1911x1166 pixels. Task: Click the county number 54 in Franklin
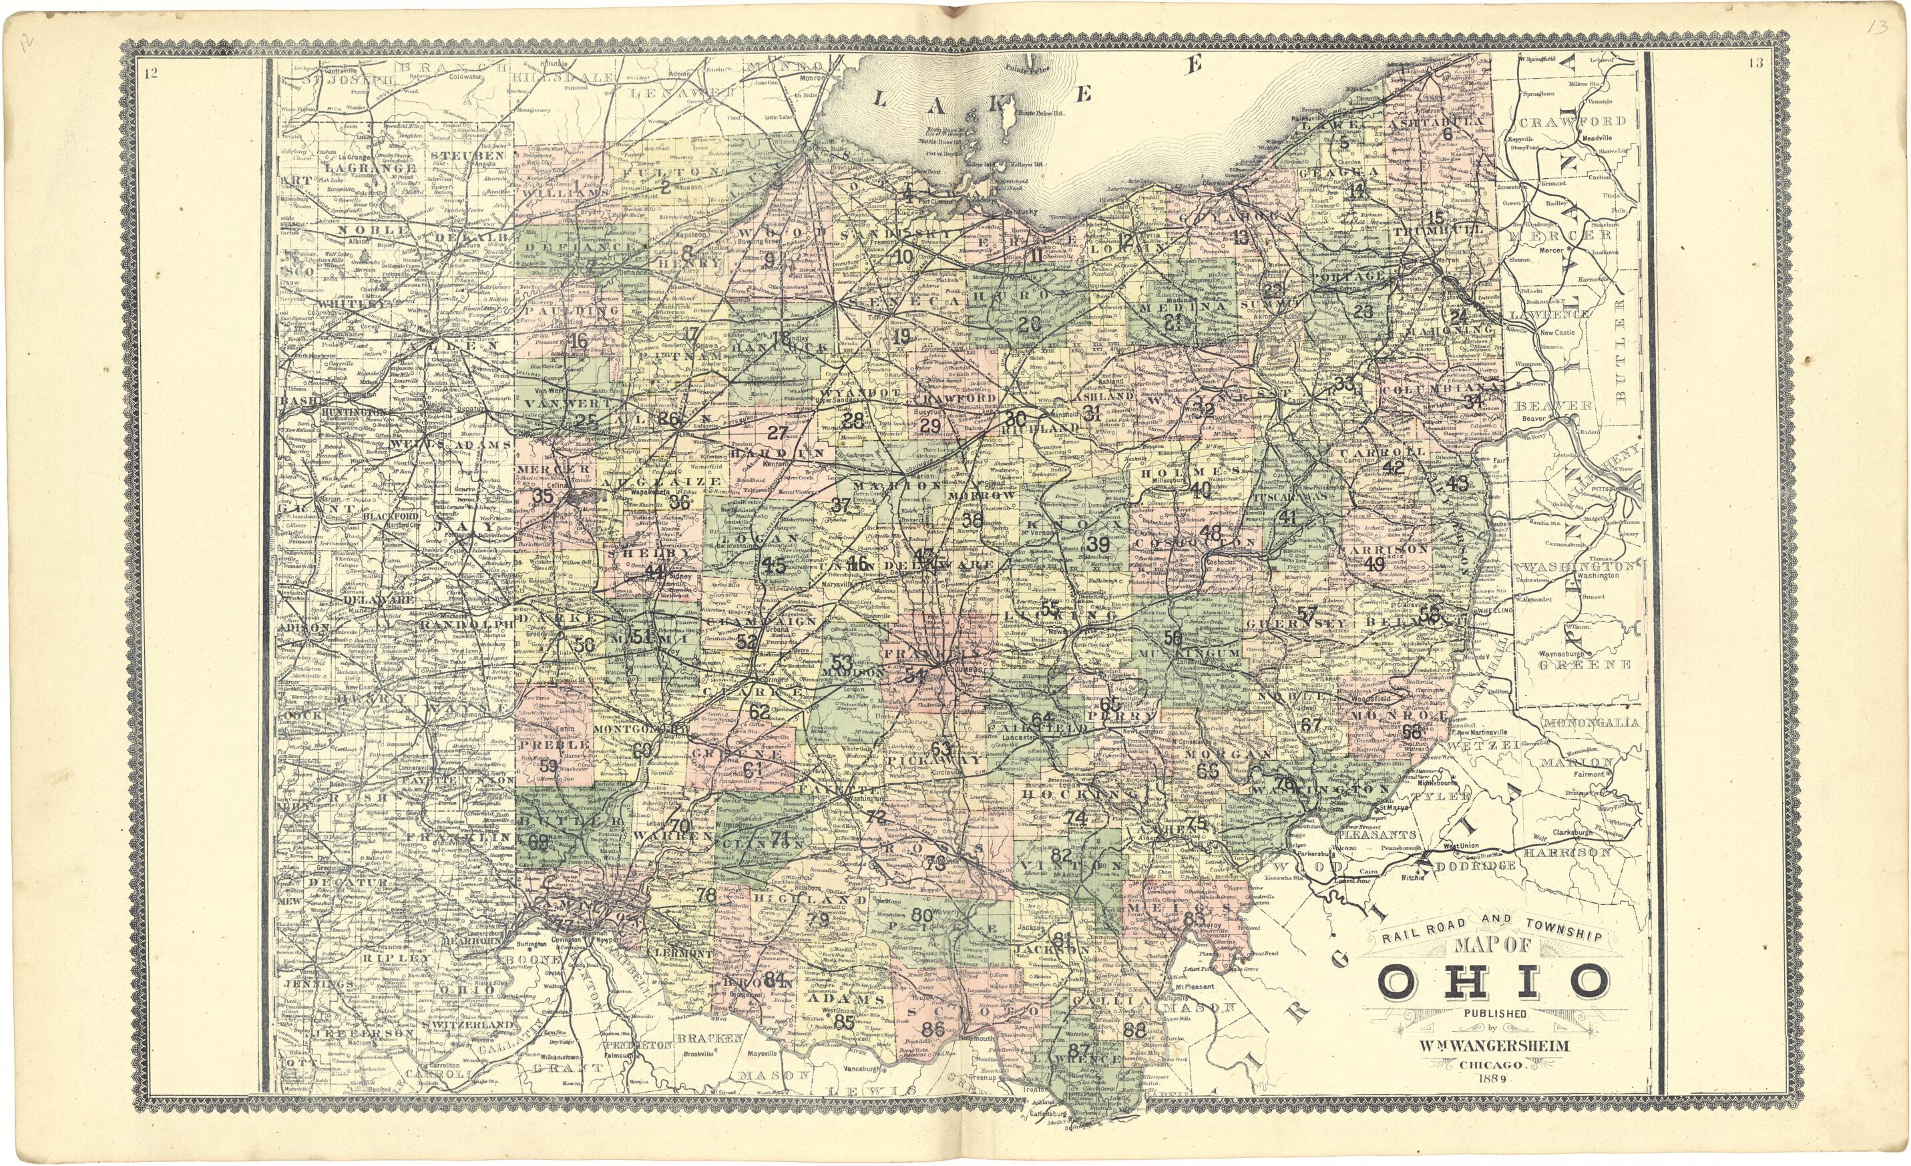click(915, 675)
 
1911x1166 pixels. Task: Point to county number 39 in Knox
click(1098, 543)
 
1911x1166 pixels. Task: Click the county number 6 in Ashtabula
click(1446, 134)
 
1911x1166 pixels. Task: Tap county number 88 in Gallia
click(1134, 1030)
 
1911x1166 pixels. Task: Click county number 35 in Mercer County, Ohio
click(543, 496)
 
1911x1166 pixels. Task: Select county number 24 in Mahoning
click(1459, 317)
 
